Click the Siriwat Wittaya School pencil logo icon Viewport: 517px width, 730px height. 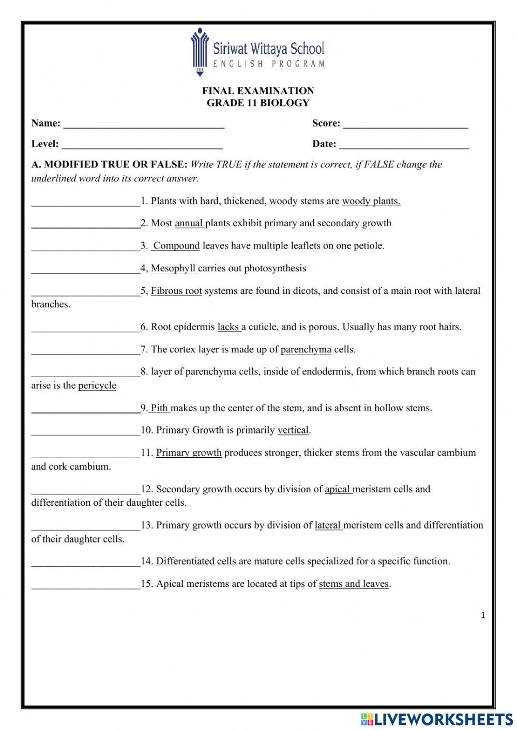click(199, 52)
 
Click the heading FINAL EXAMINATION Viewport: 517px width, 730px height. click(258, 91)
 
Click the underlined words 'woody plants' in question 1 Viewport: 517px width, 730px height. click(371, 201)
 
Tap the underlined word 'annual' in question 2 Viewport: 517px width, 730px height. click(189, 224)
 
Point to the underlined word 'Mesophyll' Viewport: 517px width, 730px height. click(174, 269)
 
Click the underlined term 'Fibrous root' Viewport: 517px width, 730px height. click(176, 291)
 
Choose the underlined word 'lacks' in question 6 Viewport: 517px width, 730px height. click(229, 327)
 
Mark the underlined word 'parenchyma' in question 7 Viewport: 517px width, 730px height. click(306, 350)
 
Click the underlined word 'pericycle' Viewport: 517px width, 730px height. click(97, 386)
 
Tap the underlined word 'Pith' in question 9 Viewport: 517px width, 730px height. click(160, 408)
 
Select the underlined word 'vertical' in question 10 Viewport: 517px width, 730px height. click(293, 430)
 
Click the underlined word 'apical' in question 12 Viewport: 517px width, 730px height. click(338, 489)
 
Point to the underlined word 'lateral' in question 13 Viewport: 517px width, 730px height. click(328, 525)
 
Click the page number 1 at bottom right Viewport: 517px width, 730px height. click(483, 615)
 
